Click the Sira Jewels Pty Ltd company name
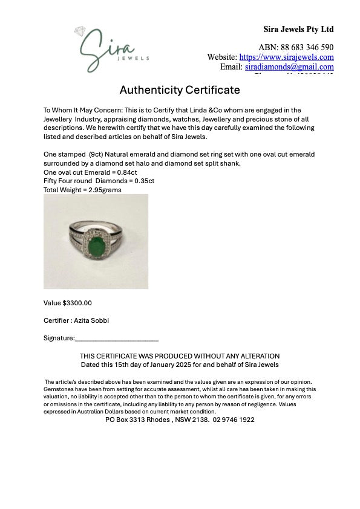pyautogui.click(x=298, y=29)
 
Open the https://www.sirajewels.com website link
pyautogui.click(x=286, y=57)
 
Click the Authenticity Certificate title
pyautogui.click(x=180, y=90)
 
